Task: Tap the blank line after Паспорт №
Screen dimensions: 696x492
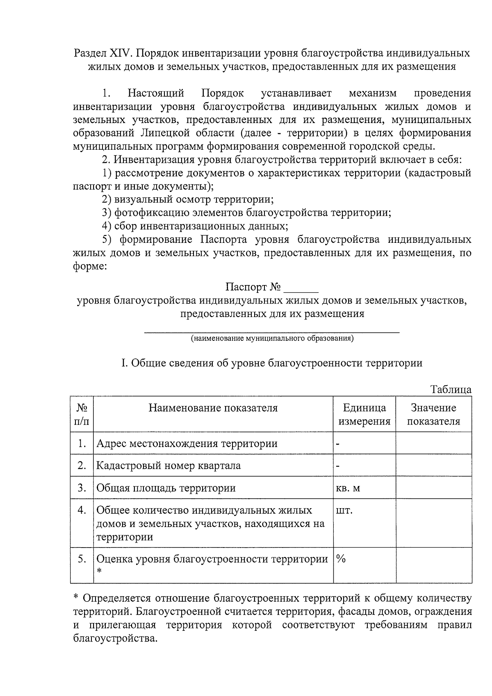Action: (x=301, y=288)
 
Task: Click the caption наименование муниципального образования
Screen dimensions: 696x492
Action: (x=272, y=338)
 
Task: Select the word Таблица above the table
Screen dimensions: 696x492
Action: (x=451, y=390)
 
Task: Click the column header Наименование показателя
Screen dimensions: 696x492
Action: (x=213, y=408)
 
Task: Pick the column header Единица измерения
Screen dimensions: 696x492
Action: (x=364, y=414)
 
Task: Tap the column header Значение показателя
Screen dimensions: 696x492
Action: (x=433, y=414)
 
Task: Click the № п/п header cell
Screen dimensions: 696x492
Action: (x=82, y=414)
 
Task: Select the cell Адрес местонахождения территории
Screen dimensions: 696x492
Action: (x=187, y=443)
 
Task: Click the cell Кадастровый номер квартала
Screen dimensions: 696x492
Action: (x=169, y=466)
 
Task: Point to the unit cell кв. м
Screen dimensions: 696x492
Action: (x=348, y=488)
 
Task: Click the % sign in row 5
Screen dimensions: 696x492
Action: (x=341, y=559)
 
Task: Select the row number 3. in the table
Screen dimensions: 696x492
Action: (x=82, y=488)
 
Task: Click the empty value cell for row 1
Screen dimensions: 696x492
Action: (x=433, y=443)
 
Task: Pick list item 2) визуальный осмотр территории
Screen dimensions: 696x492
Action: (x=188, y=200)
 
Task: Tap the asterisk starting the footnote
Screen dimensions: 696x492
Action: (x=75, y=598)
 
